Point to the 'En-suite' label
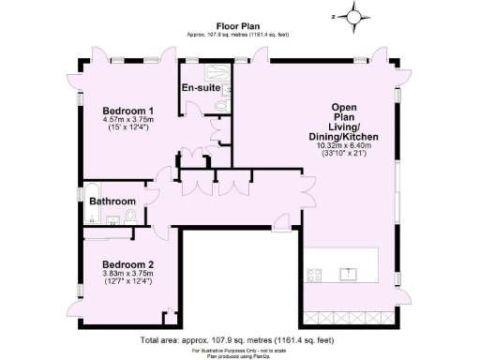point(201,88)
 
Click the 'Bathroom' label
point(112,202)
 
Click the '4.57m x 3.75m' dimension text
point(127,120)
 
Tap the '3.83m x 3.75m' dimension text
point(127,273)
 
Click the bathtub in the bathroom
point(91,217)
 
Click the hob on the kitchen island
point(314,274)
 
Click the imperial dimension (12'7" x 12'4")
point(127,281)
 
